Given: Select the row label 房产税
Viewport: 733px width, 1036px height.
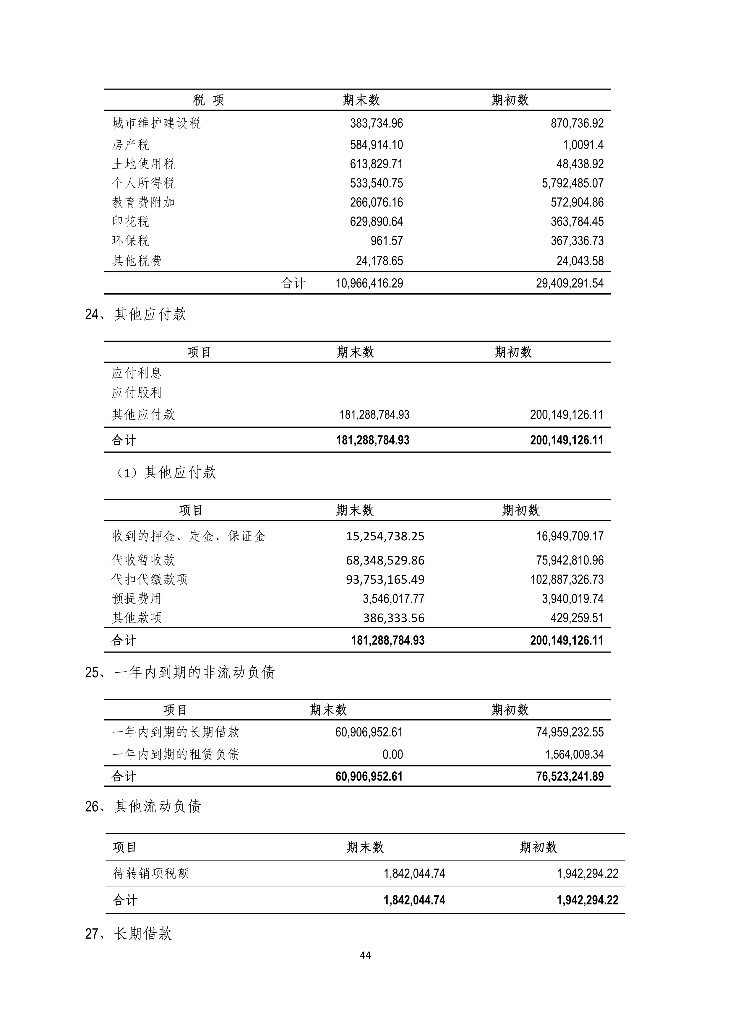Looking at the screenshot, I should click(130, 145).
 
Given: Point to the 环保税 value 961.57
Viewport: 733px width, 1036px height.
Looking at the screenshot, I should click(386, 241).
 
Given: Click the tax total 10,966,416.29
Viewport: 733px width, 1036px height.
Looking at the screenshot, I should click(369, 283).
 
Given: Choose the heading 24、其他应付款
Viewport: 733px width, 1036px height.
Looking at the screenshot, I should click(135, 314).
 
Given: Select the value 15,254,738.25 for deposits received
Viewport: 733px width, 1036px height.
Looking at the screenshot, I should click(385, 536).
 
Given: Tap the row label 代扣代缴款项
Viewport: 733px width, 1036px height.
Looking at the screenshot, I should click(149, 579).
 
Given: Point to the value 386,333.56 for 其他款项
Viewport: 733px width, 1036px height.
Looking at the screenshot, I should click(394, 618).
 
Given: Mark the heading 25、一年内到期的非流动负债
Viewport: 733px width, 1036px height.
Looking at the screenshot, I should click(180, 672).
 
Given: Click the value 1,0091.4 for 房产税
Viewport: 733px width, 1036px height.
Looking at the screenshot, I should click(583, 145).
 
